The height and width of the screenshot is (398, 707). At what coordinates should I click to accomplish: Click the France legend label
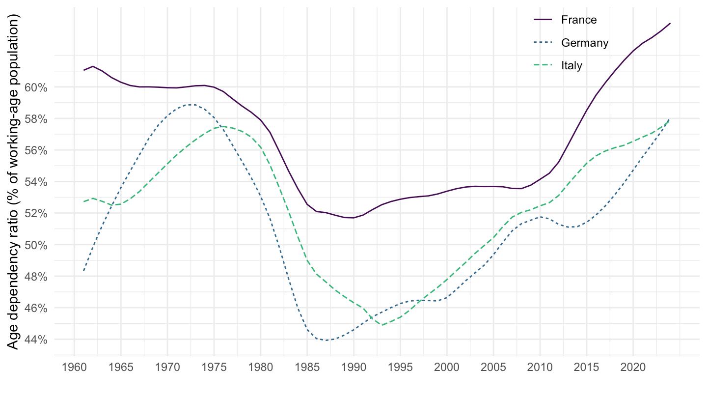pos(579,20)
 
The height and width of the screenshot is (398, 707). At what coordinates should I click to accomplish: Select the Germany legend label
pos(585,43)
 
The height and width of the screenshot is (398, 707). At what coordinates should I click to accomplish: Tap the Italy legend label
pos(571,66)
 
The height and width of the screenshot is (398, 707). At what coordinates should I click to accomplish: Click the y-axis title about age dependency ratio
pos(14,182)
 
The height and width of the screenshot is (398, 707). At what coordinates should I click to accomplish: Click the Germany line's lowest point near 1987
pos(326,340)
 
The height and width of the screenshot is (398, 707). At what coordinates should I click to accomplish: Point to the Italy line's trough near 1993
pos(382,325)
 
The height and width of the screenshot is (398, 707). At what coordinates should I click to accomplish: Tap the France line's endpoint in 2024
pos(670,23)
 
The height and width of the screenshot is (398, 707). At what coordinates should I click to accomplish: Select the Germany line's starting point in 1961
pos(83,271)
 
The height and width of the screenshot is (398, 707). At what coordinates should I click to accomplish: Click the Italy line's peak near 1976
pos(223,126)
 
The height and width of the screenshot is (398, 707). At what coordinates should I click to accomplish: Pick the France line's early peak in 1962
pos(93,66)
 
